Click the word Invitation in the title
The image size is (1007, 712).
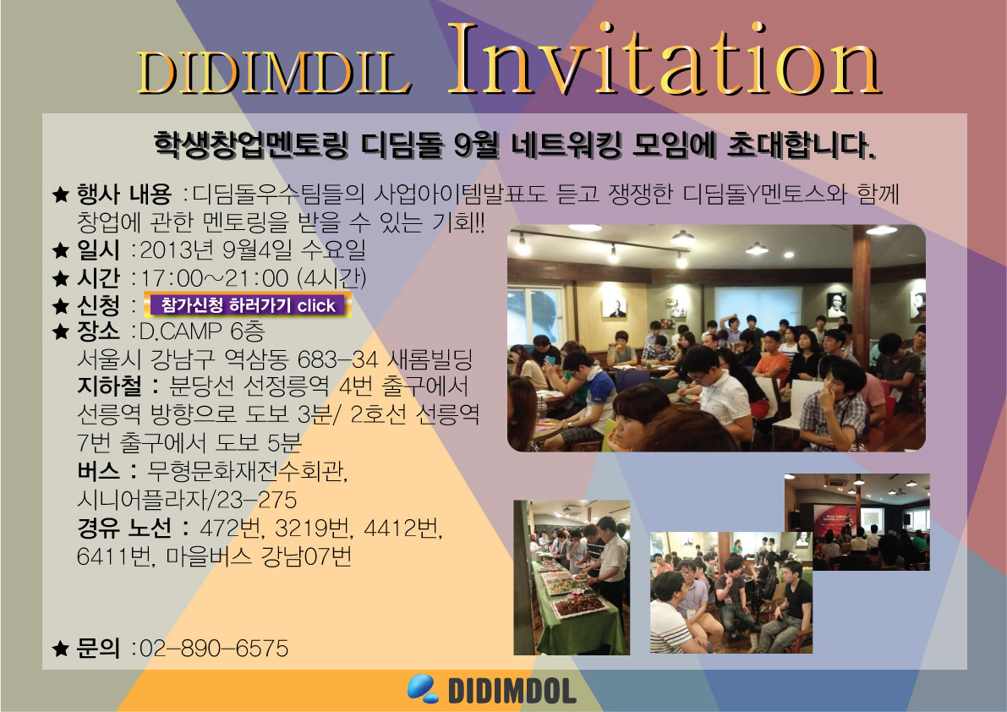(x=665, y=60)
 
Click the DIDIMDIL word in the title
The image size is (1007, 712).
(x=274, y=72)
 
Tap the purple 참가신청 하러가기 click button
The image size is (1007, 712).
(x=248, y=304)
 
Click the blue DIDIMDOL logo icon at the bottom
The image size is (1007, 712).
(x=423, y=688)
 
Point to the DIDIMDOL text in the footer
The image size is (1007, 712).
(x=512, y=691)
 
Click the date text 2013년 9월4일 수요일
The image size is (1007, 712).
(x=253, y=249)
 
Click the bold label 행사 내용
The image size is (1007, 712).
(x=124, y=194)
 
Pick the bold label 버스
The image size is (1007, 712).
(x=98, y=471)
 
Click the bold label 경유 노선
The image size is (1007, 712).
(x=124, y=528)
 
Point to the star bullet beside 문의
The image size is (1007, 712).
(x=60, y=649)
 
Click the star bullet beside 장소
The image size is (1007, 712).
(x=60, y=331)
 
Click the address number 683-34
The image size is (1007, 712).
(x=338, y=359)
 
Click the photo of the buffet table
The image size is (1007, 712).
(x=572, y=578)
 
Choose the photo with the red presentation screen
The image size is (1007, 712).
(x=856, y=522)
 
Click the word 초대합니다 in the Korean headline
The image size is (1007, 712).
(x=801, y=145)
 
